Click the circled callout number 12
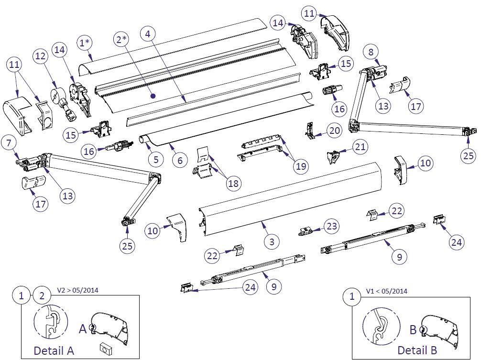pos(41,56)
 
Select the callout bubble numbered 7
pos(10,142)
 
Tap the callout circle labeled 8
pos(372,51)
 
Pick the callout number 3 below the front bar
pos(272,241)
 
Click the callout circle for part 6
pos(180,160)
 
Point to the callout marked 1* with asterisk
pos(86,43)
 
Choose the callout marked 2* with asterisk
pos(120,40)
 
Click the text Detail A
pos(54,350)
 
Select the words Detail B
pos(417,350)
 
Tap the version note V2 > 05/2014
pos(78,290)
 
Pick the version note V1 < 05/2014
pos(386,291)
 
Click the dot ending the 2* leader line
pos(153,96)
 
